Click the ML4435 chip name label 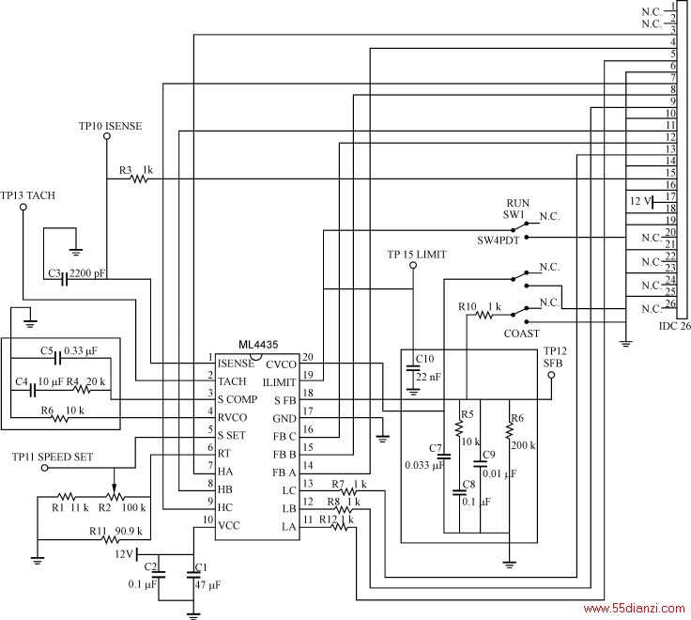258,345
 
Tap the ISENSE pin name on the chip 236,364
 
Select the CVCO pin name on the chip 281,364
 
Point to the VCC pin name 229,526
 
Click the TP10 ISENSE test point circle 107,136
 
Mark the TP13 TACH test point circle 23,207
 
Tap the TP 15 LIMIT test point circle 413,265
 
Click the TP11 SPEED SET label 53,457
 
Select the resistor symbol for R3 140,179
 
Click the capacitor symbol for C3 65,279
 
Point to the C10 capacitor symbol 413,367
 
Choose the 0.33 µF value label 81,351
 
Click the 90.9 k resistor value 129,531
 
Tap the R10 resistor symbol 484,315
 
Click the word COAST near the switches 522,333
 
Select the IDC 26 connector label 675,326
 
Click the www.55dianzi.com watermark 634,609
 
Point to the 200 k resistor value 523,445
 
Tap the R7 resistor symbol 348,490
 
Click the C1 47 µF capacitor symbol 193,575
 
